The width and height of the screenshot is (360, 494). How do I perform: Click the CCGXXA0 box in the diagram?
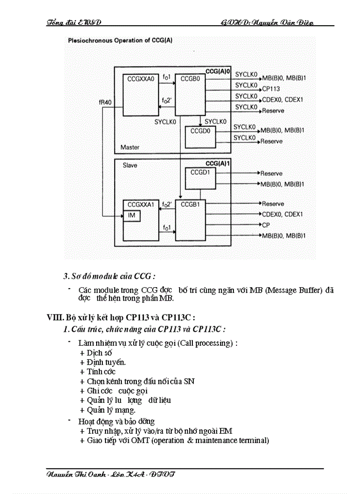pos(140,95)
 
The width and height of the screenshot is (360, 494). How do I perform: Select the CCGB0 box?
pos(190,95)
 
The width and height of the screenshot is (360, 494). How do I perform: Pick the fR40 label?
pos(105,102)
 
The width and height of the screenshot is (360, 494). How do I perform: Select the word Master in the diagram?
pos(130,147)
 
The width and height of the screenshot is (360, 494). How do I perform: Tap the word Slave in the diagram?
pos(130,166)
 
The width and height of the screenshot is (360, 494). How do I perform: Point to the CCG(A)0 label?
pos(218,70)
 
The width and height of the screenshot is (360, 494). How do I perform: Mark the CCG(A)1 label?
pos(218,163)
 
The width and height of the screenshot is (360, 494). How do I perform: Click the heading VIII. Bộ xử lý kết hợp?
pos(120,317)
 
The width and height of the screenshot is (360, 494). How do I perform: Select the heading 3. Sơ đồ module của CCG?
pos(109,276)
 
